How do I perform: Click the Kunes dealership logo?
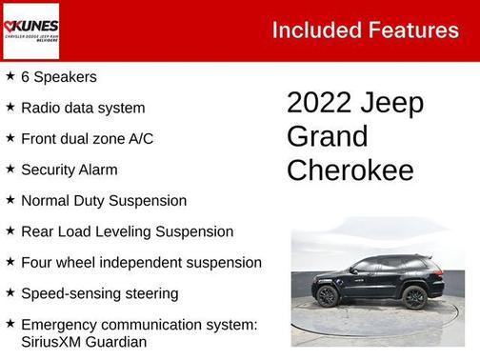coord(31,29)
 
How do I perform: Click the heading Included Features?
coord(365,30)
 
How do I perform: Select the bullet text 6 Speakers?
coord(59,77)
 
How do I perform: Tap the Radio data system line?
coord(83,108)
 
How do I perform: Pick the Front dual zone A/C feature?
coord(87,139)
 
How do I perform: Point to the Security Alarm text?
coord(70,170)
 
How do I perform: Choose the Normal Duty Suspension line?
coord(104,201)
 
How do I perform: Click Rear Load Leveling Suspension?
coord(127,231)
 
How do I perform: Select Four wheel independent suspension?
coord(141,262)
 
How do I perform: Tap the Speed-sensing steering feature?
coord(99,293)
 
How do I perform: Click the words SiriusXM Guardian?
coord(84,341)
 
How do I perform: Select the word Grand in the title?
coord(327,137)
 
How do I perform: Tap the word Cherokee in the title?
coord(350,170)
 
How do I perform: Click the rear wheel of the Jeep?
coord(414,297)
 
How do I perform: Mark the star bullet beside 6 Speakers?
coord(10,76)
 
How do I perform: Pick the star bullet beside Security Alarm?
coord(10,169)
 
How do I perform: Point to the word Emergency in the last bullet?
coord(62,325)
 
